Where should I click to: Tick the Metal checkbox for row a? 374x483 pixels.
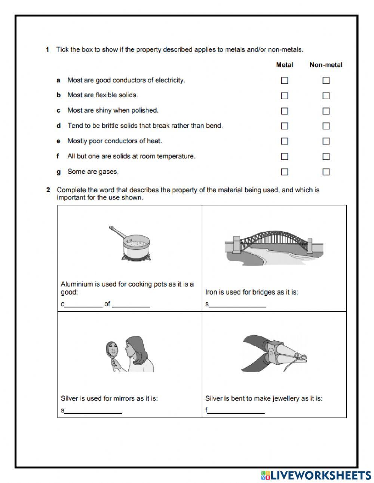(285, 80)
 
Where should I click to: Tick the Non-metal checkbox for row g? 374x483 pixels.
(326, 172)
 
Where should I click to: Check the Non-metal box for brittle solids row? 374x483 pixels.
(326, 126)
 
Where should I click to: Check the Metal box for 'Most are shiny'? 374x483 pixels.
(285, 111)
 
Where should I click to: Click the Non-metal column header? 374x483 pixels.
(326, 65)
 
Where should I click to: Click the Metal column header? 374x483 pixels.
(284, 65)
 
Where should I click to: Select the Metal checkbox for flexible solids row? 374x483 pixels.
(285, 96)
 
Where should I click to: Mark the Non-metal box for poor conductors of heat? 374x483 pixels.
(326, 141)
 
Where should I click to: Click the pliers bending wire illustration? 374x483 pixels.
(274, 353)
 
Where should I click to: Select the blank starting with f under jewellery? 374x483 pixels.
(236, 411)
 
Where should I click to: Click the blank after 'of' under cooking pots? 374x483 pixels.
(131, 305)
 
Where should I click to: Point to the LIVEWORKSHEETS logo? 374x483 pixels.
(316, 475)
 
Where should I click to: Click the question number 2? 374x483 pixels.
(48, 190)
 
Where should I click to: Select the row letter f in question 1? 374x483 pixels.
(58, 156)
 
